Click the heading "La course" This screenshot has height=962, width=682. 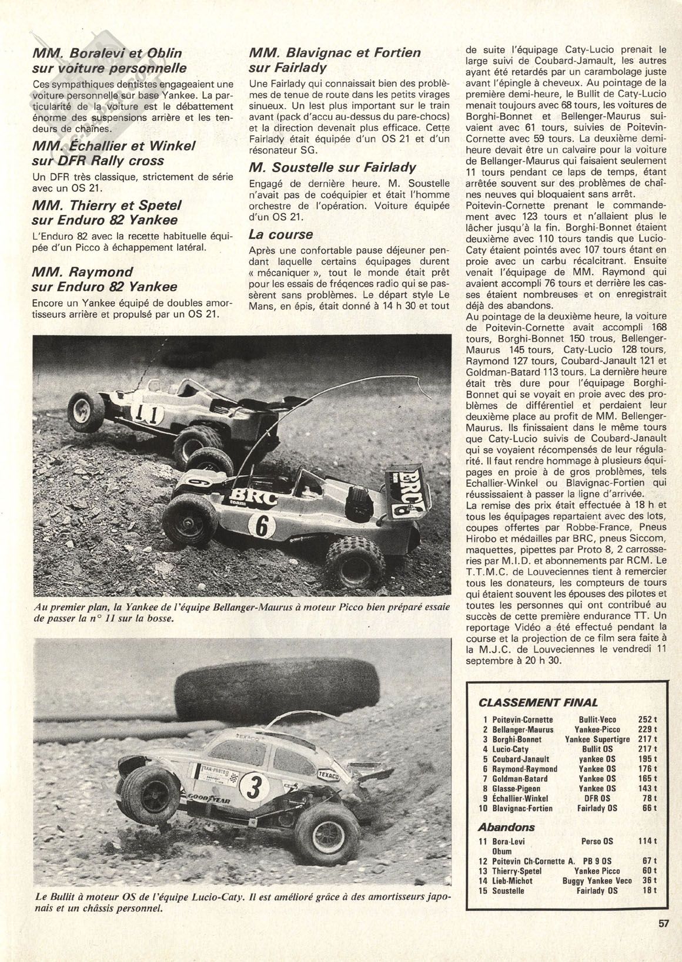(x=281, y=235)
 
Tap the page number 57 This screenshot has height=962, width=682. (x=663, y=939)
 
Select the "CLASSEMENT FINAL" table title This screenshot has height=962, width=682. (x=539, y=702)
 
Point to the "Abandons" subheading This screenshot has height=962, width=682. (x=506, y=827)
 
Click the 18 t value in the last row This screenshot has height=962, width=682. (x=647, y=891)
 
